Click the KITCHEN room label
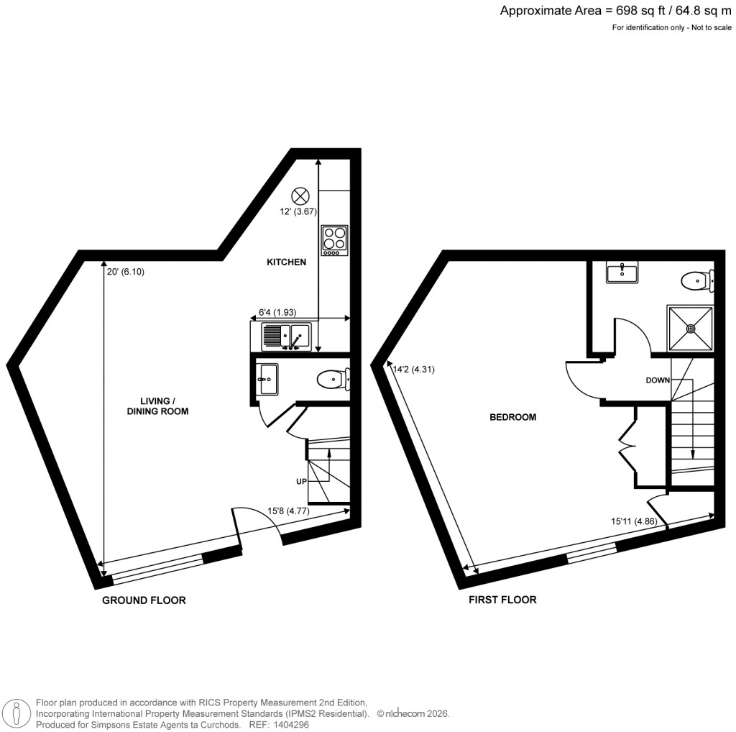[x=286, y=262]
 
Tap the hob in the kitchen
[x=333, y=240]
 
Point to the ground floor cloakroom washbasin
[x=269, y=378]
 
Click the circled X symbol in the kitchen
[x=300, y=196]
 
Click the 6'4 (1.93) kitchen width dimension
[x=277, y=313]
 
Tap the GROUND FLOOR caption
[x=144, y=600]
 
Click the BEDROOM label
[x=512, y=417]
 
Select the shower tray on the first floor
[x=691, y=328]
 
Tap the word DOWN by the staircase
[x=659, y=380]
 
